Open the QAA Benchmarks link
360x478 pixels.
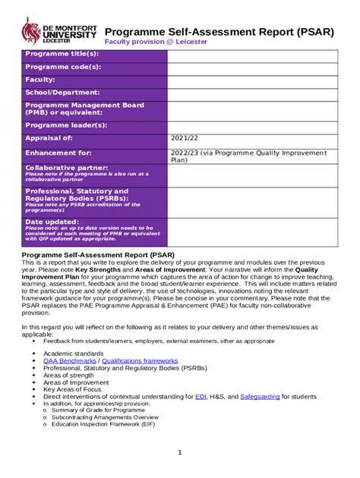71,361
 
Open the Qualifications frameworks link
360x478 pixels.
140,361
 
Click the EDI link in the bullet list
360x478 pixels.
201,397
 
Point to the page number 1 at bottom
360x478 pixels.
179,453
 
